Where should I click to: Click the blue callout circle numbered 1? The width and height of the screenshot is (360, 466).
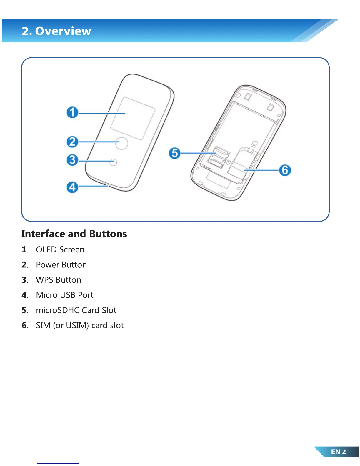point(72,112)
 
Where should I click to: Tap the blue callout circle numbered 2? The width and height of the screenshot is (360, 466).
point(72,142)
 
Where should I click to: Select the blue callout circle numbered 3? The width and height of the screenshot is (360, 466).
point(72,160)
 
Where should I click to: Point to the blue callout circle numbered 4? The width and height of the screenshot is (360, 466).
point(72,187)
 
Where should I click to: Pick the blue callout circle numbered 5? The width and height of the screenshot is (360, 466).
point(175,153)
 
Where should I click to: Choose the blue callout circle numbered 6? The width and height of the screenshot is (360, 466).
point(285,170)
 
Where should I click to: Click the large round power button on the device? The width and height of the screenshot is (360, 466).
point(122,143)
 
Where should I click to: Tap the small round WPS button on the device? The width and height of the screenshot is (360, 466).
point(114,162)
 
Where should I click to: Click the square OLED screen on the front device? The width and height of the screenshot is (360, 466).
point(133,118)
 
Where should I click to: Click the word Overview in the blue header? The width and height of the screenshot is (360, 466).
point(63,31)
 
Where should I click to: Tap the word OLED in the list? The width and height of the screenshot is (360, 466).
point(46,250)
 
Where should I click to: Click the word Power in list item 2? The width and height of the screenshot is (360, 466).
point(48,265)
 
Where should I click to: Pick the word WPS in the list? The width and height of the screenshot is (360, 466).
point(44,280)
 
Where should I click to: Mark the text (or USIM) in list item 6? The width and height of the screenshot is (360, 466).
point(71,326)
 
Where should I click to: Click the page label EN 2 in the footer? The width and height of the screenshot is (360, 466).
point(338,452)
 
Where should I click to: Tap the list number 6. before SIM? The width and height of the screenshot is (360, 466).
point(25,326)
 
